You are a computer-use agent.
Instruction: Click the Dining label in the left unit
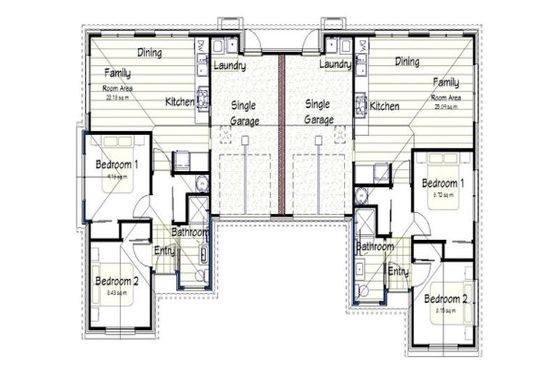pyautogui.click(x=149, y=53)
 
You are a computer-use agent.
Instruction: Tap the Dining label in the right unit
pyautogui.click(x=407, y=62)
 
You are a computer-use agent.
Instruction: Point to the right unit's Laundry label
pyautogui.click(x=334, y=65)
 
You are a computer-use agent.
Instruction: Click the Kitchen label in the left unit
pyautogui.click(x=179, y=102)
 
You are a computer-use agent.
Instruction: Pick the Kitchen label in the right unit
pyautogui.click(x=384, y=107)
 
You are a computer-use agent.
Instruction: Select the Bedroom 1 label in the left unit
pyautogui.click(x=117, y=164)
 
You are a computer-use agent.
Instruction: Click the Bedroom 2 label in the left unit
pyautogui.click(x=116, y=281)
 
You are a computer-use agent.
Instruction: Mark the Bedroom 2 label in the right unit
pyautogui.click(x=446, y=299)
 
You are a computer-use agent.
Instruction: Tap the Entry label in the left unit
pyautogui.click(x=164, y=251)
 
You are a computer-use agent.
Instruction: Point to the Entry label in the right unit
pyautogui.click(x=397, y=271)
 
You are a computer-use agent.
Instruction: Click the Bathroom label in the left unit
pyautogui.click(x=190, y=233)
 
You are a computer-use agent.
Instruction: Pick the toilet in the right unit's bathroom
pyautogui.click(x=363, y=291)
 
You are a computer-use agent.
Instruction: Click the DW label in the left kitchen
pyautogui.click(x=200, y=46)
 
